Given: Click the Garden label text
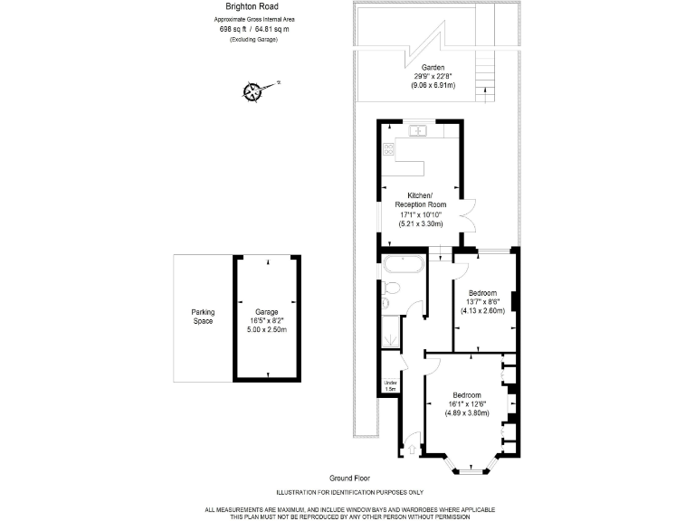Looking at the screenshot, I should point(432,68).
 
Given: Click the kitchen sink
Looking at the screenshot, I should point(419,130).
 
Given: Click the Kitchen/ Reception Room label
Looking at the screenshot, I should point(420,201).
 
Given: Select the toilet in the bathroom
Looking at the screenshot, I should point(392,289).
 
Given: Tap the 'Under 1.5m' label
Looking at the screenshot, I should point(389,386).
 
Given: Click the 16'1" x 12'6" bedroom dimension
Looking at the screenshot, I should point(466,404).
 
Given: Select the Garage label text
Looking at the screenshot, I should point(266,312).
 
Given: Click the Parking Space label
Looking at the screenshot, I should point(203,317).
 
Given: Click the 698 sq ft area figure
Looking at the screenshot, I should point(233,29).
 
